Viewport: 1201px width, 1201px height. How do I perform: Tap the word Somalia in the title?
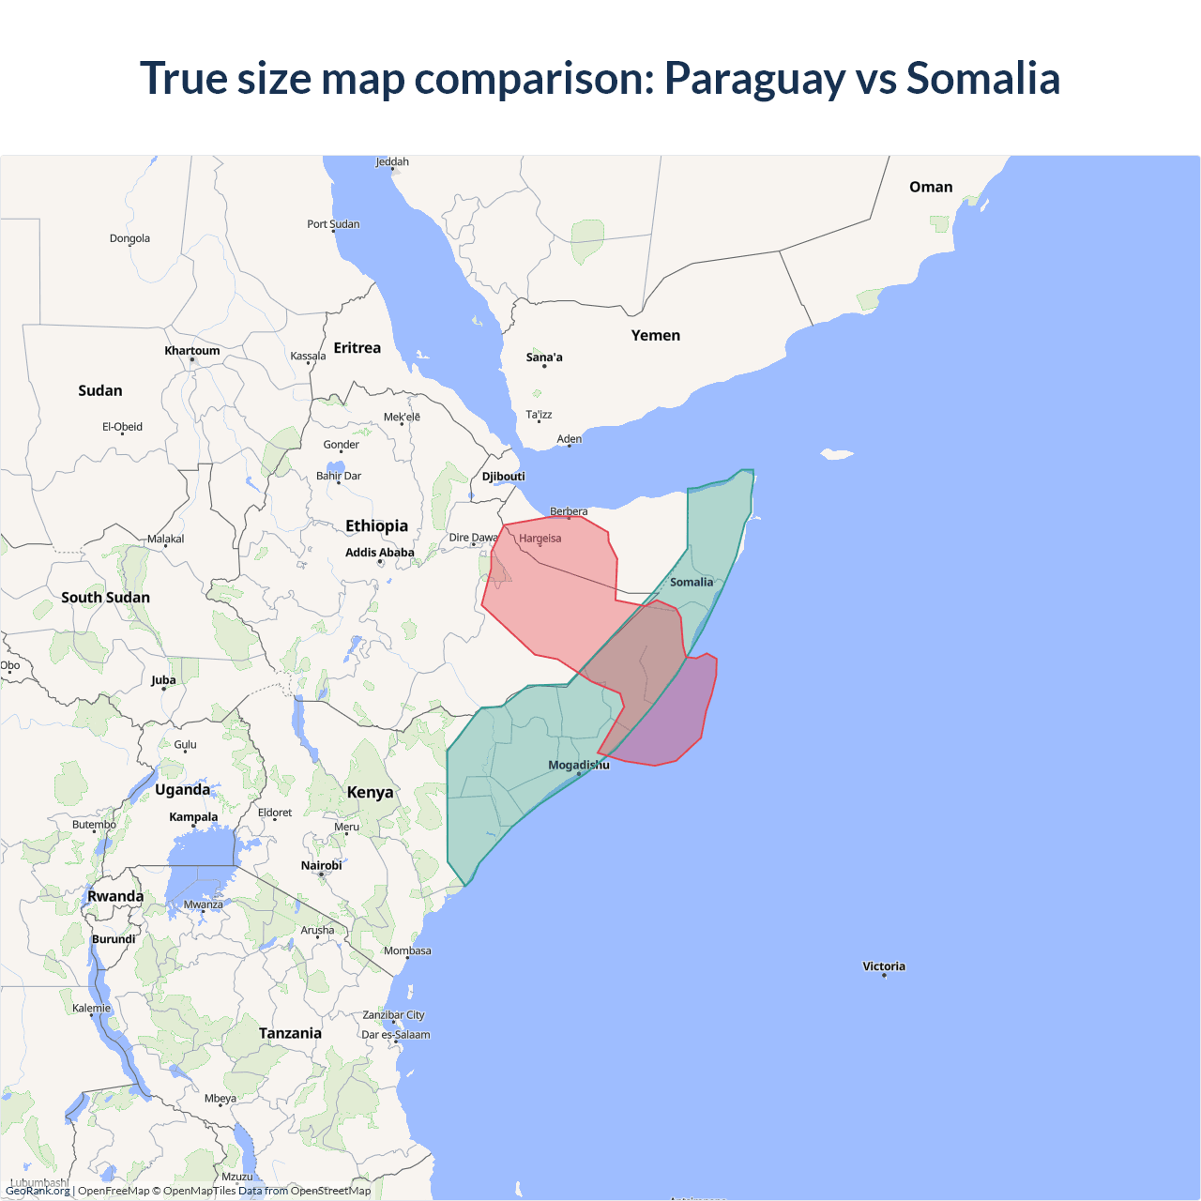(982, 79)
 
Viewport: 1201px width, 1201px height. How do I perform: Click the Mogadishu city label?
(578, 765)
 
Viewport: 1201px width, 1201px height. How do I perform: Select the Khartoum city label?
(192, 351)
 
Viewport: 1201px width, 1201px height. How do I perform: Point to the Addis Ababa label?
(379, 553)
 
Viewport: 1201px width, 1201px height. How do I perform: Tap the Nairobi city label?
(321, 865)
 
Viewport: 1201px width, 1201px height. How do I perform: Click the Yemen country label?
(655, 335)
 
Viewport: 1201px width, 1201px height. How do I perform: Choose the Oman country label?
(930, 187)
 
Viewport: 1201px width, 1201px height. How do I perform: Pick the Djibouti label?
(503, 476)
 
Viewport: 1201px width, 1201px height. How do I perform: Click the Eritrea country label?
(357, 348)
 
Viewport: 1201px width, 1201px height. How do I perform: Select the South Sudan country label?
(105, 597)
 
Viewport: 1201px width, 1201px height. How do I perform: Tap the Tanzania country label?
(290, 1033)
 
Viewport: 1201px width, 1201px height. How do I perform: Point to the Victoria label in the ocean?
(884, 965)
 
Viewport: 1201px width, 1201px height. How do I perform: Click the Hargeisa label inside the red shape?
(540, 539)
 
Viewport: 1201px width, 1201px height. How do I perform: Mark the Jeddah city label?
(392, 161)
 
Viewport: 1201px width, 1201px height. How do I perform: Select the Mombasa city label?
(407, 950)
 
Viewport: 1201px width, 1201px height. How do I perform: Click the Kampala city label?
(193, 816)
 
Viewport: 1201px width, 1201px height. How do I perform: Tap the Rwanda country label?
(115, 896)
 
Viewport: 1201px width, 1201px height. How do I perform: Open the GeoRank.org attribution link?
(38, 1191)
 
